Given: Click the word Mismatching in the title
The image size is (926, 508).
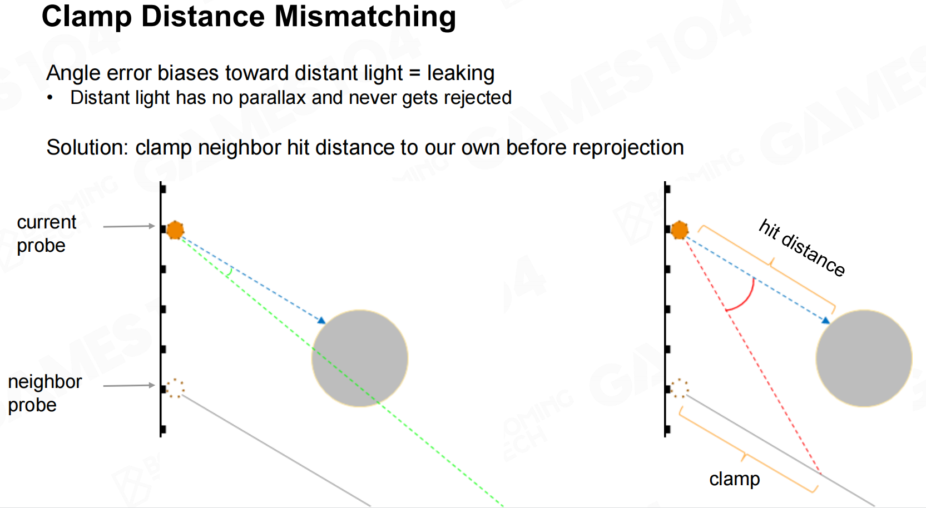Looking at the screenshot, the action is pos(365,17).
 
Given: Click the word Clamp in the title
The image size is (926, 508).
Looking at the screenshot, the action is pos(87,17).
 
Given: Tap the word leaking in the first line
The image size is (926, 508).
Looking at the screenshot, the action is pos(460,73).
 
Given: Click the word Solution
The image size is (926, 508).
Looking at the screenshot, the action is pos(88,147).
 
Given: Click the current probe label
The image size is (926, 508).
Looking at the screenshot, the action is pos(46,234).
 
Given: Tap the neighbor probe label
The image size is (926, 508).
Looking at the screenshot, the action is pos(44,393).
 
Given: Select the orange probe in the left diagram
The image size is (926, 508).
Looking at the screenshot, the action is pos(175,230).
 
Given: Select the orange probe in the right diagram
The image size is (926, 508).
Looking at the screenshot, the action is pos(680,230).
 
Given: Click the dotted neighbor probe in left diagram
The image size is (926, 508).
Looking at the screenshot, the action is pos(175,389).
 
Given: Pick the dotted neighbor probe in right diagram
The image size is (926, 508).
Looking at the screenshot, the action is pos(680,389).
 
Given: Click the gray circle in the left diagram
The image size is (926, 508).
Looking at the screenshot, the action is pos(360,358).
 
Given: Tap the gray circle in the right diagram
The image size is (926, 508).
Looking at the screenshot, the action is pos(864,358).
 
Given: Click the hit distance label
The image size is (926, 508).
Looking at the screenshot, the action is pos(802,248).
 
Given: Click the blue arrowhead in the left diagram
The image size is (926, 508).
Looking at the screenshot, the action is pos(321,320).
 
